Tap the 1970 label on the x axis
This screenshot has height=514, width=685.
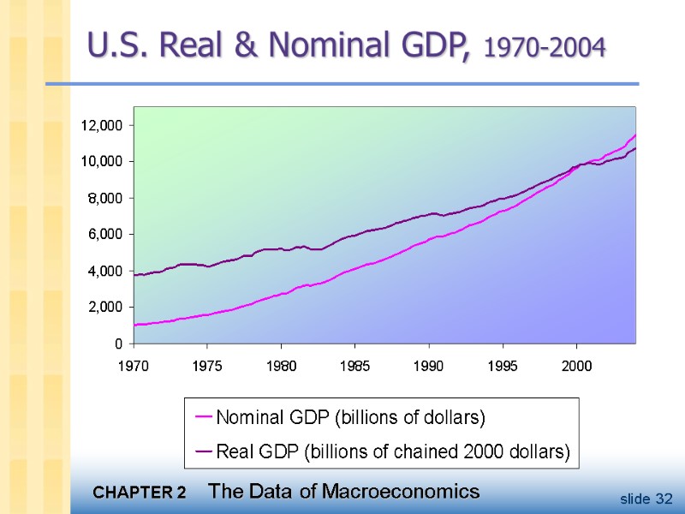point(134,366)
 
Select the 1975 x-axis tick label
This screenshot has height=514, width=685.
point(207,366)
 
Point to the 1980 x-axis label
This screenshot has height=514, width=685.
point(281,366)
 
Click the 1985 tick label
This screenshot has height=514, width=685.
point(354,366)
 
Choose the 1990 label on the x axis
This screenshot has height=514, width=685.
point(428,366)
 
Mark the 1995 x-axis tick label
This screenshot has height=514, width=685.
point(503,366)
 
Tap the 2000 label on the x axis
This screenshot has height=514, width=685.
point(576,366)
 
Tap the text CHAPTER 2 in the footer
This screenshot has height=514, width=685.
point(139,493)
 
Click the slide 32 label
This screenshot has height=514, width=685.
point(647,499)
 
